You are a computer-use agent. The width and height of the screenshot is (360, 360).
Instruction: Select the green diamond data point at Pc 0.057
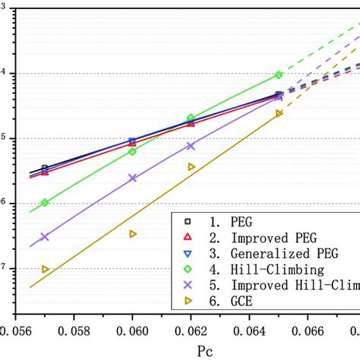[x=45, y=203]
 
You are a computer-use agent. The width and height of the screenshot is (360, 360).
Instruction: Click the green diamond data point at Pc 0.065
[x=279, y=75]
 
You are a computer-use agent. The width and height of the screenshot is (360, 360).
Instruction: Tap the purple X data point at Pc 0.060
[x=133, y=178]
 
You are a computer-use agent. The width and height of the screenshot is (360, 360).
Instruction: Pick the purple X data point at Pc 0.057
[x=45, y=237]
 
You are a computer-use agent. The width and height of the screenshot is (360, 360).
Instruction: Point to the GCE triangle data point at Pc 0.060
[x=133, y=234]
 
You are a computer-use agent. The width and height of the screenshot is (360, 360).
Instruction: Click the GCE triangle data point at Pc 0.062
[x=191, y=166]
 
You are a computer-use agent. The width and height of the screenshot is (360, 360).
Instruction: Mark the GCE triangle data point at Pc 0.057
[x=45, y=269]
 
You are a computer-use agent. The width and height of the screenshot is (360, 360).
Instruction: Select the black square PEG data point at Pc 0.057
[x=45, y=168]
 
